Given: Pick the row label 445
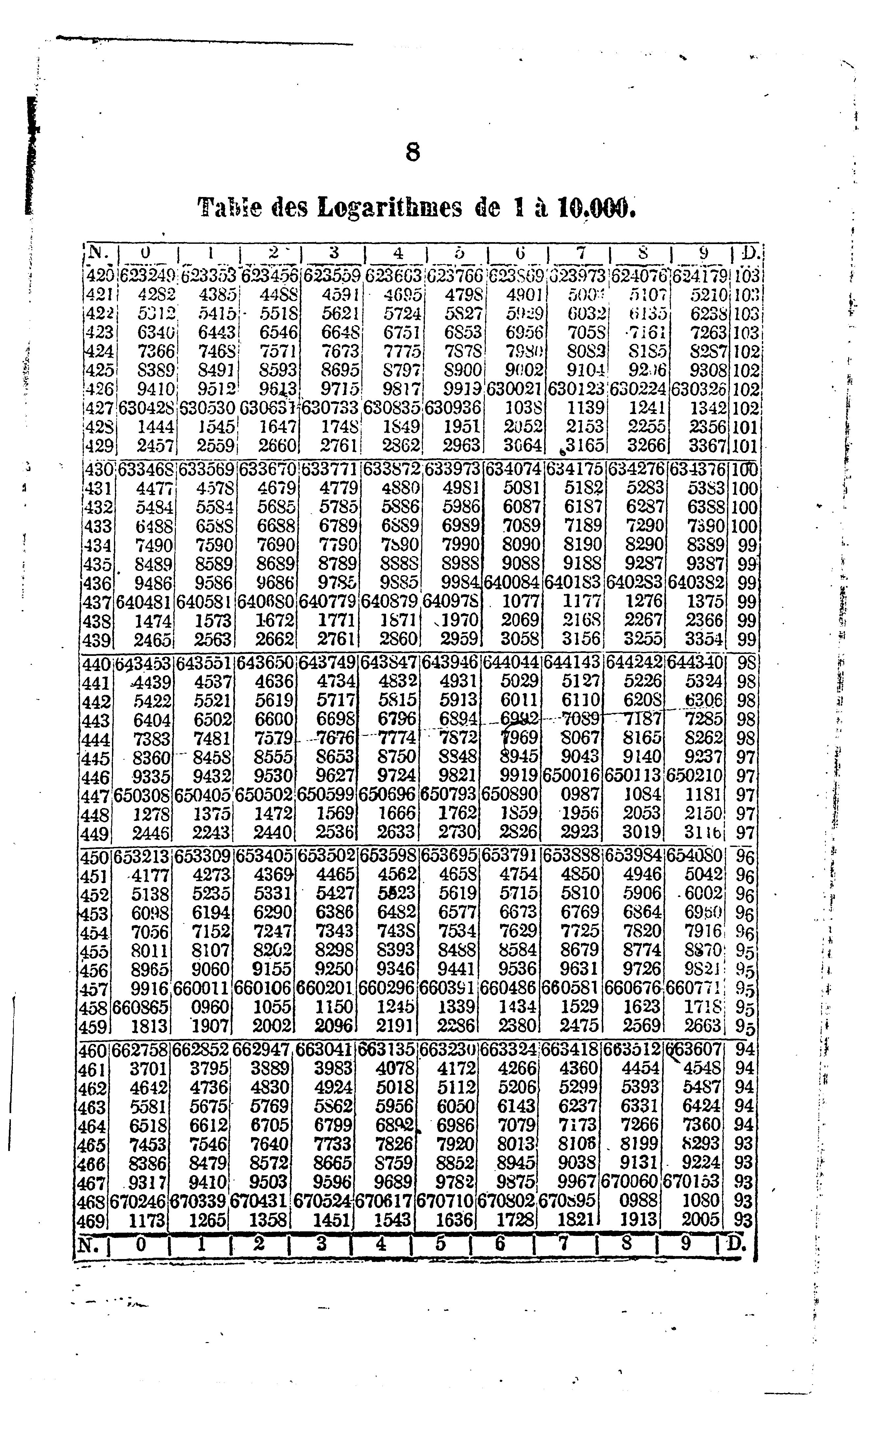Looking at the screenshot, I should [x=95, y=759].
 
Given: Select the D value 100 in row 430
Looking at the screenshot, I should [x=744, y=470].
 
